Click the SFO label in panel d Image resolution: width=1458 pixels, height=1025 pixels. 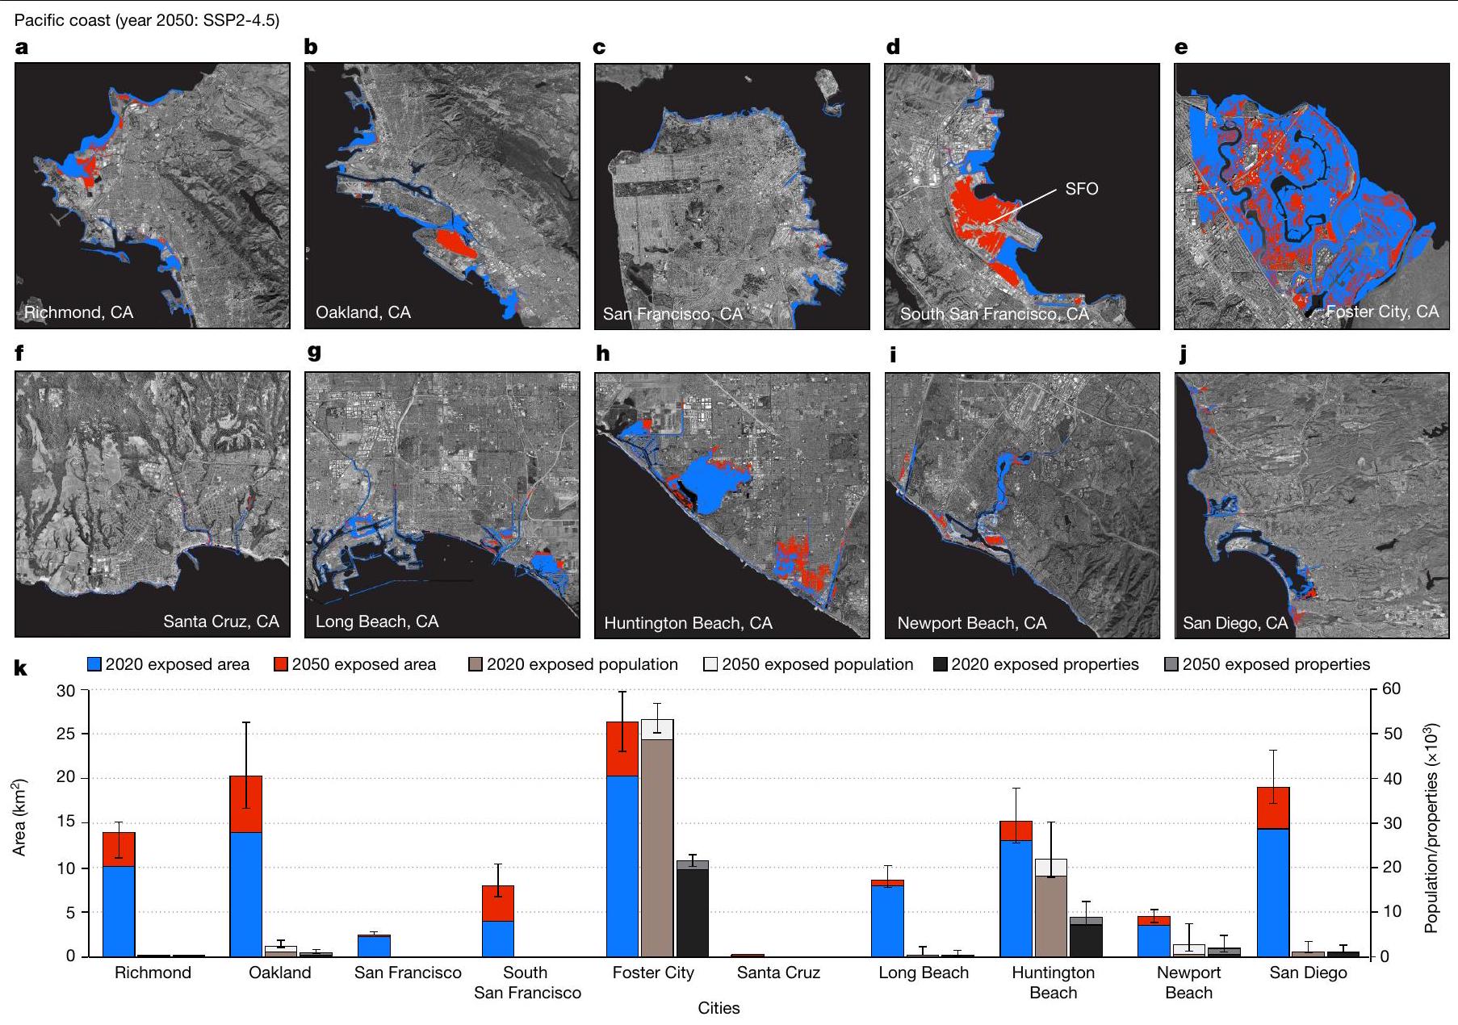pyautogui.click(x=1081, y=189)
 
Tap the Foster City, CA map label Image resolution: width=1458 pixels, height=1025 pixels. pyautogui.click(x=1382, y=312)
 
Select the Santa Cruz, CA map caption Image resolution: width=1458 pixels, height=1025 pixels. pyautogui.click(x=220, y=621)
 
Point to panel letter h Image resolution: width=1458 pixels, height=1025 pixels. pyautogui.click(x=602, y=354)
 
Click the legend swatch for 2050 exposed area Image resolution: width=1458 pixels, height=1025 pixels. pyautogui.click(x=282, y=664)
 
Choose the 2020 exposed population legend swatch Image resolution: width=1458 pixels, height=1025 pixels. pyautogui.click(x=476, y=664)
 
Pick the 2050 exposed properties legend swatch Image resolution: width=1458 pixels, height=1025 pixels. pyautogui.click(x=1172, y=664)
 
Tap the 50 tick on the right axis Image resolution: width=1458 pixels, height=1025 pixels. pyautogui.click(x=1392, y=734)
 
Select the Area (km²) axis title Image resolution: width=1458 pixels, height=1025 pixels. pyautogui.click(x=19, y=817)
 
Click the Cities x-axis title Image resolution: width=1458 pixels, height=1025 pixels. pyautogui.click(x=719, y=1008)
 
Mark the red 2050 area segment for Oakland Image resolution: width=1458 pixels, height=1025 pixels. pyautogui.click(x=246, y=804)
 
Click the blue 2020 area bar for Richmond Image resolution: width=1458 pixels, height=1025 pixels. pyautogui.click(x=119, y=911)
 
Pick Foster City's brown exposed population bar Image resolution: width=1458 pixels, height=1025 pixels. pyautogui.click(x=657, y=847)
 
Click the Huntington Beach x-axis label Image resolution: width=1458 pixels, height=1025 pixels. pyautogui.click(x=1053, y=982)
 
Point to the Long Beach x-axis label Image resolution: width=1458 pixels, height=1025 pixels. pyautogui.click(x=924, y=973)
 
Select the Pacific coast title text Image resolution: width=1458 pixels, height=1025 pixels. pyautogui.click(x=147, y=20)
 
